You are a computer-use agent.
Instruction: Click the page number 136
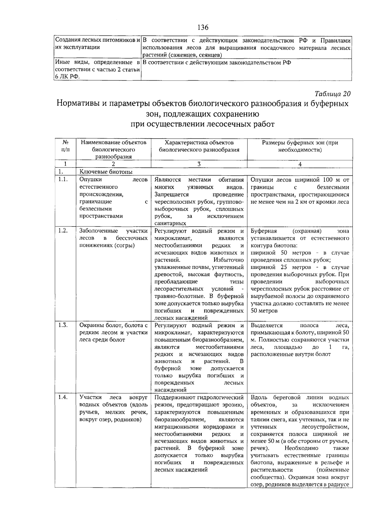point(203,28)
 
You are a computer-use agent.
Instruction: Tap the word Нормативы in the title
point(78,104)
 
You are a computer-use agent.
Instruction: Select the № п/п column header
point(65,146)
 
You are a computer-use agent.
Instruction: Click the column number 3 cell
point(199,164)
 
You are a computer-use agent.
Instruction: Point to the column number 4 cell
point(300,164)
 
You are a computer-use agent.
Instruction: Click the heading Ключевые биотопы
point(106,172)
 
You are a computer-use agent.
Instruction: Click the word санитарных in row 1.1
point(170,223)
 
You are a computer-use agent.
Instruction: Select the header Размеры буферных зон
point(300,143)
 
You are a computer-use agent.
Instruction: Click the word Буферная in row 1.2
point(264,231)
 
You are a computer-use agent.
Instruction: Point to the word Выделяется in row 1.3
point(266,326)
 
